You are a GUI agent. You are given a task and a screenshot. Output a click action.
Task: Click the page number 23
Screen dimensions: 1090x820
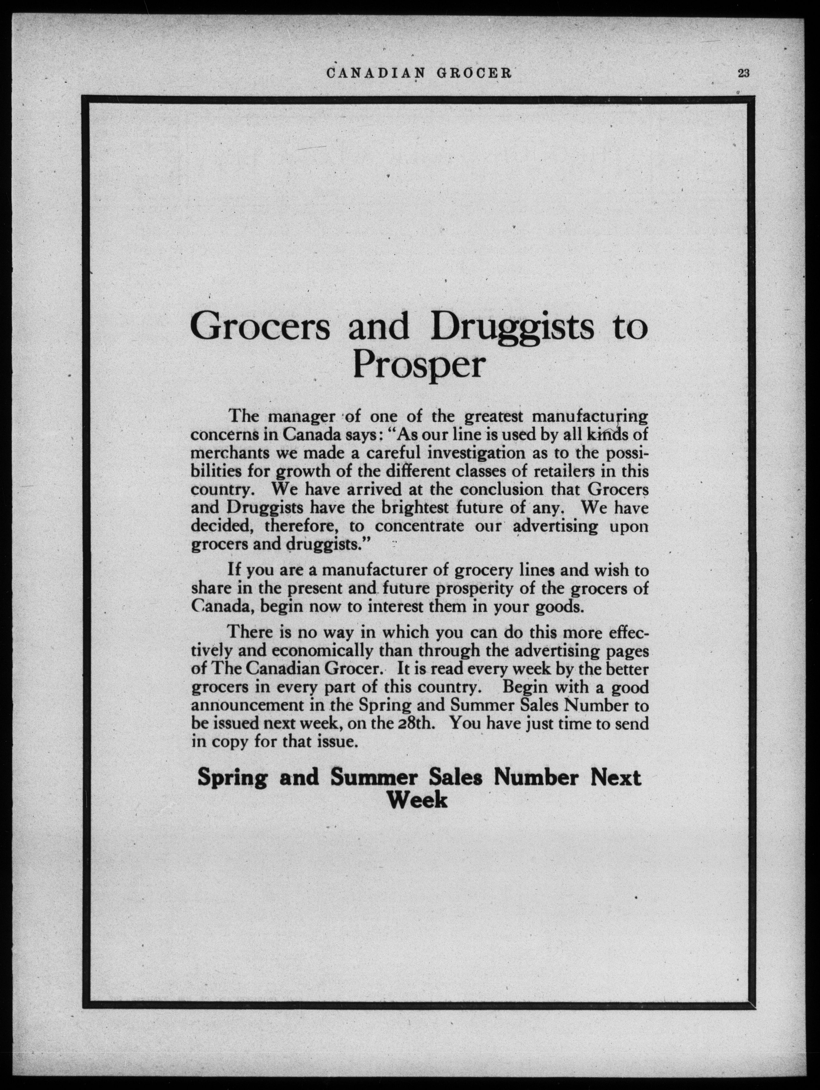click(x=743, y=73)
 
